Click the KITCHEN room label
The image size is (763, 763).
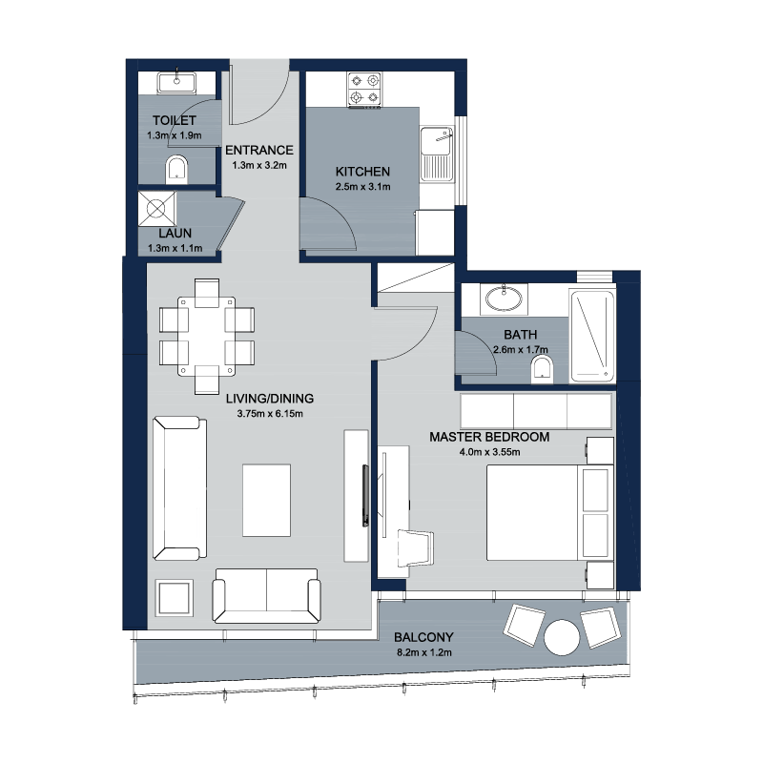tap(362, 172)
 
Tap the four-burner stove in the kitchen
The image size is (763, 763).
tap(364, 90)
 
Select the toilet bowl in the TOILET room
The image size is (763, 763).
tap(176, 170)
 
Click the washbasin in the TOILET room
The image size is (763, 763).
tap(176, 82)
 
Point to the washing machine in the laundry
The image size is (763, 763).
tap(156, 209)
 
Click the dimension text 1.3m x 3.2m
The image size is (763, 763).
tap(259, 165)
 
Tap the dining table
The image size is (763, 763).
tap(206, 337)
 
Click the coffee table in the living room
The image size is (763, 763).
tap(267, 500)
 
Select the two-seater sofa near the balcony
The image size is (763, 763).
tap(267, 595)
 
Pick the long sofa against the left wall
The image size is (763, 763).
tap(179, 487)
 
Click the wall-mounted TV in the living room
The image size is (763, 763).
tap(365, 495)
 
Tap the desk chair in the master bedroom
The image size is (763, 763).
tap(415, 548)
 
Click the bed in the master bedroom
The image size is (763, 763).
tap(550, 512)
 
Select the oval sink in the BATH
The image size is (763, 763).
tap(504, 299)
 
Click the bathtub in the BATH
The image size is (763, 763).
tap(592, 336)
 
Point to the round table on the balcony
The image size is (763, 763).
tap(562, 637)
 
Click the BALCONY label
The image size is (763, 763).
tap(423, 637)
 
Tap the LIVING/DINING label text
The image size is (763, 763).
tap(270, 399)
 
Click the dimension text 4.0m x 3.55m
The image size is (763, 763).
tap(489, 452)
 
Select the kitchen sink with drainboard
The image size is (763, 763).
tap(437, 155)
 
